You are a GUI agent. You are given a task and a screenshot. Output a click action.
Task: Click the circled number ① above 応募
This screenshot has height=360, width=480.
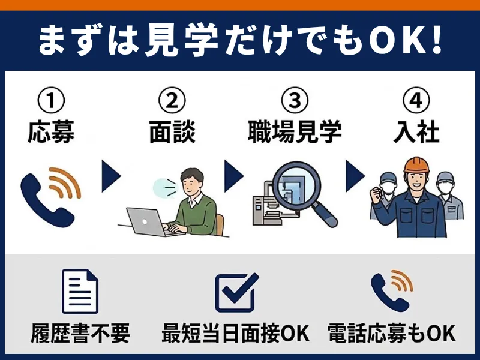tap(51, 100)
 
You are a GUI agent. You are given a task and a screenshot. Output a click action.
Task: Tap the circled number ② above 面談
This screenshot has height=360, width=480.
tap(172, 100)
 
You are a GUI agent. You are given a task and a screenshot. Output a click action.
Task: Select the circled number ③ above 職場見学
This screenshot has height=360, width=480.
tap(295, 100)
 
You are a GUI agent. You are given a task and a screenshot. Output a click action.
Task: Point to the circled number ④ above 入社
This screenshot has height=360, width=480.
tap(416, 100)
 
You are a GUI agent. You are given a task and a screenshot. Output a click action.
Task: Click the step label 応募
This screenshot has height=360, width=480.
tap(51, 132)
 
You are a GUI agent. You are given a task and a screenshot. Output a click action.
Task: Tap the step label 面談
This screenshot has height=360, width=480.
tap(172, 132)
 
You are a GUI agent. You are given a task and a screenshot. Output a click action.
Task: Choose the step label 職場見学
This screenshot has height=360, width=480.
tap(295, 132)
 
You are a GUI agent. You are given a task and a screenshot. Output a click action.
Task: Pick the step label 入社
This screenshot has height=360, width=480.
tap(416, 132)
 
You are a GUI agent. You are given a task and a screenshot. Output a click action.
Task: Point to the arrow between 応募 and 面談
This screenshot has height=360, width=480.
tap(110, 176)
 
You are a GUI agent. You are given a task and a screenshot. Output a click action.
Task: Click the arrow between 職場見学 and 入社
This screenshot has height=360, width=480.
tap(355, 176)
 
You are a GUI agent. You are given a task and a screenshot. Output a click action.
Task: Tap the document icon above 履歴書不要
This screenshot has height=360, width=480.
tap(80, 291)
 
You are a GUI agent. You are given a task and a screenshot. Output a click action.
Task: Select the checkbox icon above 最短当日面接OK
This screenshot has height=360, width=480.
tap(236, 292)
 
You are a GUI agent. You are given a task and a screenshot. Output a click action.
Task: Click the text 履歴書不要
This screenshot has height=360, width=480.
tap(80, 334)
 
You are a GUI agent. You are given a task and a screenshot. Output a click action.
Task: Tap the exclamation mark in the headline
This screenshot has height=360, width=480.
tap(437, 40)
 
